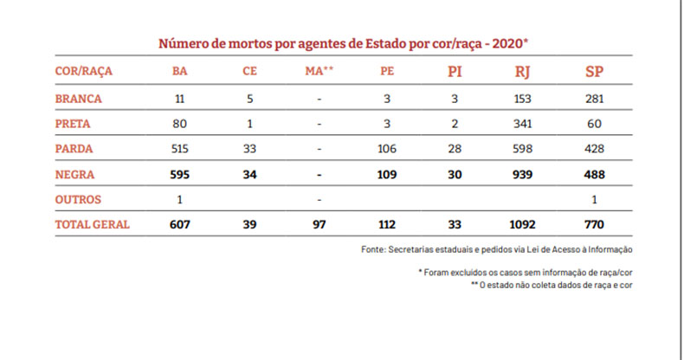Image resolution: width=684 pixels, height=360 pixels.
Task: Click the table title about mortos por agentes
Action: (343, 42)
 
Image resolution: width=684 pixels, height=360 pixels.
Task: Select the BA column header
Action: (180, 71)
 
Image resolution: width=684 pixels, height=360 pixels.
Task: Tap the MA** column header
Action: (319, 71)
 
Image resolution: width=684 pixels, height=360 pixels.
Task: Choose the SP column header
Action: (594, 71)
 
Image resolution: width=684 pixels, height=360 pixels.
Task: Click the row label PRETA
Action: (74, 124)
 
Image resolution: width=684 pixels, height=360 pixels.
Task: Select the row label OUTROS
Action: (79, 199)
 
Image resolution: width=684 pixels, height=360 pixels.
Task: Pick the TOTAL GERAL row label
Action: (92, 224)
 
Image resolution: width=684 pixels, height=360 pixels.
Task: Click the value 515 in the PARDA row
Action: (180, 149)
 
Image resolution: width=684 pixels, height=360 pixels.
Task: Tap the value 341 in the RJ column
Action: (523, 124)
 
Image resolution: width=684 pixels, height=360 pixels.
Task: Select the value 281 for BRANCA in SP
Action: (594, 99)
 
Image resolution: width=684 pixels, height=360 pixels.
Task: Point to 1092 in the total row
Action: (523, 224)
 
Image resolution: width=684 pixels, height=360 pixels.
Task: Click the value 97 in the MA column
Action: (319, 224)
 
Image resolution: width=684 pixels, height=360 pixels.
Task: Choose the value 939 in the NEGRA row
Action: (523, 174)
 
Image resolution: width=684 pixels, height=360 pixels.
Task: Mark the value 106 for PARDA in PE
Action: (387, 149)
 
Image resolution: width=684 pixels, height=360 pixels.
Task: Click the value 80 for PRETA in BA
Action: (180, 124)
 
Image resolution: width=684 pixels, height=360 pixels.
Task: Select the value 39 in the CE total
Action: (250, 224)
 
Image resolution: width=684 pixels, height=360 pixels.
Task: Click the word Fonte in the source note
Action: (375, 249)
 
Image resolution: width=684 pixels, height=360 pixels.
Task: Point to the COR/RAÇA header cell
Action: (83, 71)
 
